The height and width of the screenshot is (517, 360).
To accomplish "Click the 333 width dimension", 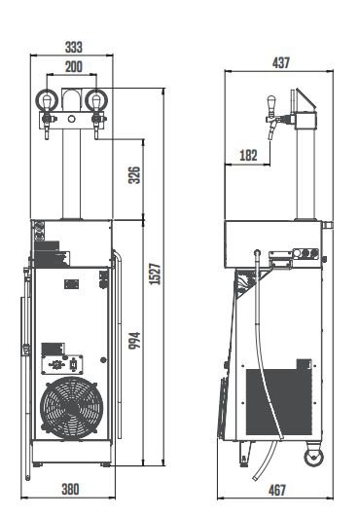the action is click(73, 46).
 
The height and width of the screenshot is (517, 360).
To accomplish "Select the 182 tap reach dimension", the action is click(249, 154).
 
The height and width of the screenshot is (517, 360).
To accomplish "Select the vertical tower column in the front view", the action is click(71, 175).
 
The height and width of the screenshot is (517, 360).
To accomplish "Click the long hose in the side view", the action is click(259, 360).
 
